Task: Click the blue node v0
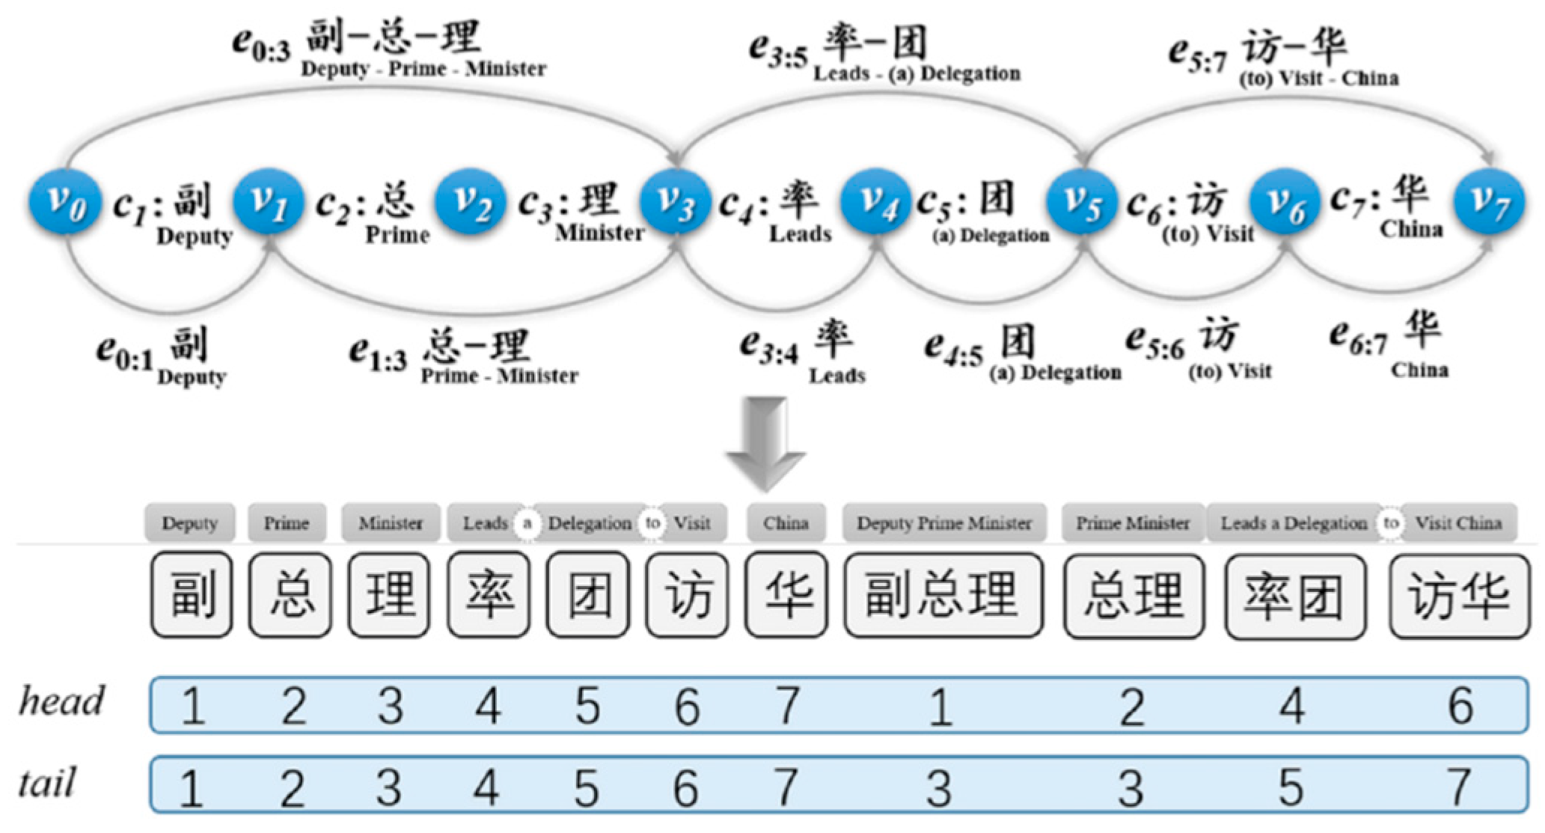(64, 203)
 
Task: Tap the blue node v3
(676, 203)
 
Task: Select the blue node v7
(1488, 203)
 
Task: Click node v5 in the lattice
(1082, 203)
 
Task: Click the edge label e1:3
(378, 353)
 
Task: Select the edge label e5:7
(1198, 55)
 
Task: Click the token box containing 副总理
(943, 596)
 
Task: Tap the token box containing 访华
(1459, 597)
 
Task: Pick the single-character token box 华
(786, 596)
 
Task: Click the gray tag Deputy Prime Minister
(943, 523)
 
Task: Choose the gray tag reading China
(786, 523)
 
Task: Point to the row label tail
(46, 784)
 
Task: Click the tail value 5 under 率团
(1291, 787)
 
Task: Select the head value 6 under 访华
(1460, 706)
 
